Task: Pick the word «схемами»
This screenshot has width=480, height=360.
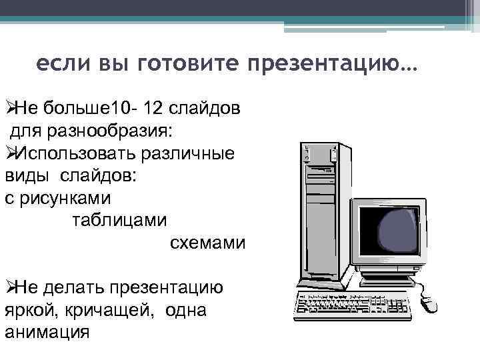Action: [208, 243]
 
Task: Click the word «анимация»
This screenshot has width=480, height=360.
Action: [47, 333]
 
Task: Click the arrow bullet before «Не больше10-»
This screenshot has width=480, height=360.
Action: [9, 107]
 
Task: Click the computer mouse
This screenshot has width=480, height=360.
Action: [427, 304]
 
